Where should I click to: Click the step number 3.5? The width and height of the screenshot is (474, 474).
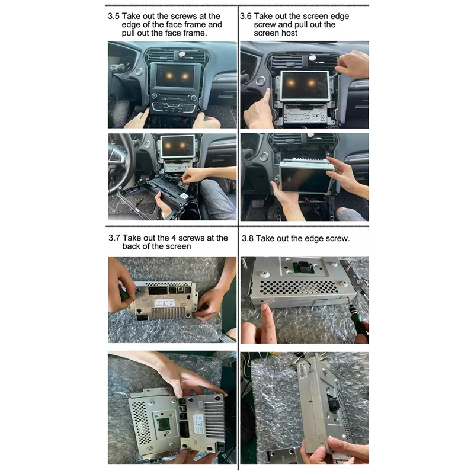114,16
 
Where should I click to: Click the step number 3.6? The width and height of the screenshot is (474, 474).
246,16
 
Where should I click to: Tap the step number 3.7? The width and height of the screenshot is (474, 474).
114,238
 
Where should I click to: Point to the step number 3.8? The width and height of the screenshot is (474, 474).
248,238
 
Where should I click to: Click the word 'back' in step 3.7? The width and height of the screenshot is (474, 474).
132,246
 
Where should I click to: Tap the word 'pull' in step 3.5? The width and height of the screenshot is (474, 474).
128,33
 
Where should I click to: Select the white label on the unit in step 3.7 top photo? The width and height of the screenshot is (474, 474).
165,303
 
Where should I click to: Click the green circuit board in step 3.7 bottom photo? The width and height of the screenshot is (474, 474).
164,425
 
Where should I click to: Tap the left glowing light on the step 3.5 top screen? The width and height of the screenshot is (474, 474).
168,76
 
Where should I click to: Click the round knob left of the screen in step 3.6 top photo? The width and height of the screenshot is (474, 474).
260,81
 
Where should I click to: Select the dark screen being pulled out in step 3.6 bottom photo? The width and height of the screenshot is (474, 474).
305,179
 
